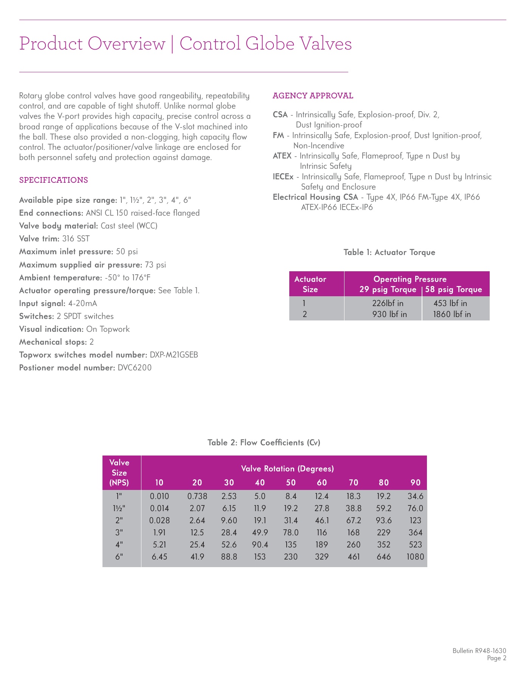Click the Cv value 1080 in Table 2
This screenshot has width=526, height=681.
(x=415, y=557)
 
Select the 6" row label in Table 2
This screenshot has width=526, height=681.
(x=119, y=557)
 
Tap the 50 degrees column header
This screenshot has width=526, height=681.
(x=291, y=482)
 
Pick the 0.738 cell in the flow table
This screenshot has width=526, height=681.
(x=197, y=496)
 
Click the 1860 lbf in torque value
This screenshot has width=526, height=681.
(x=452, y=314)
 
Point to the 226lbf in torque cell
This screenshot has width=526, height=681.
(x=388, y=303)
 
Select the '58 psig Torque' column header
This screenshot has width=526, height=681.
(x=453, y=290)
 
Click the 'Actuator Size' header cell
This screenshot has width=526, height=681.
(x=310, y=284)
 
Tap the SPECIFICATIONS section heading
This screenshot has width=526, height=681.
(x=53, y=180)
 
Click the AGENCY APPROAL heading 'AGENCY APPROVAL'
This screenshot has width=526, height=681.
(x=313, y=96)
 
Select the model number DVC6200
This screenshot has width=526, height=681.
(x=135, y=368)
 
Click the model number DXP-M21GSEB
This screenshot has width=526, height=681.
(x=174, y=355)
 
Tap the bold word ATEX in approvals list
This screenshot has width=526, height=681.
(x=282, y=156)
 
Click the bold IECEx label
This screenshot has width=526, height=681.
(x=283, y=177)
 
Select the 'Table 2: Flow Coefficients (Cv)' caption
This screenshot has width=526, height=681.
(x=264, y=443)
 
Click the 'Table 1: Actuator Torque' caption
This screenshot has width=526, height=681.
(x=389, y=252)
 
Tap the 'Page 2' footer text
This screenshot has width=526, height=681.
(x=497, y=658)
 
